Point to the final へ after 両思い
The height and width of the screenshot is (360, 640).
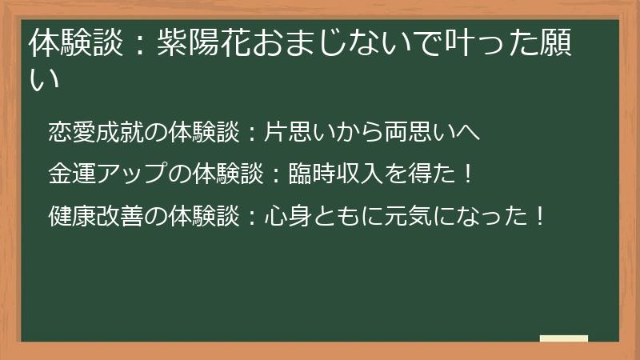pos(471,132)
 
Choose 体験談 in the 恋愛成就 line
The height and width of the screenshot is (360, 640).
pos(201,131)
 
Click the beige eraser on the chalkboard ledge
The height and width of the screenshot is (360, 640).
pos(564,338)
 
